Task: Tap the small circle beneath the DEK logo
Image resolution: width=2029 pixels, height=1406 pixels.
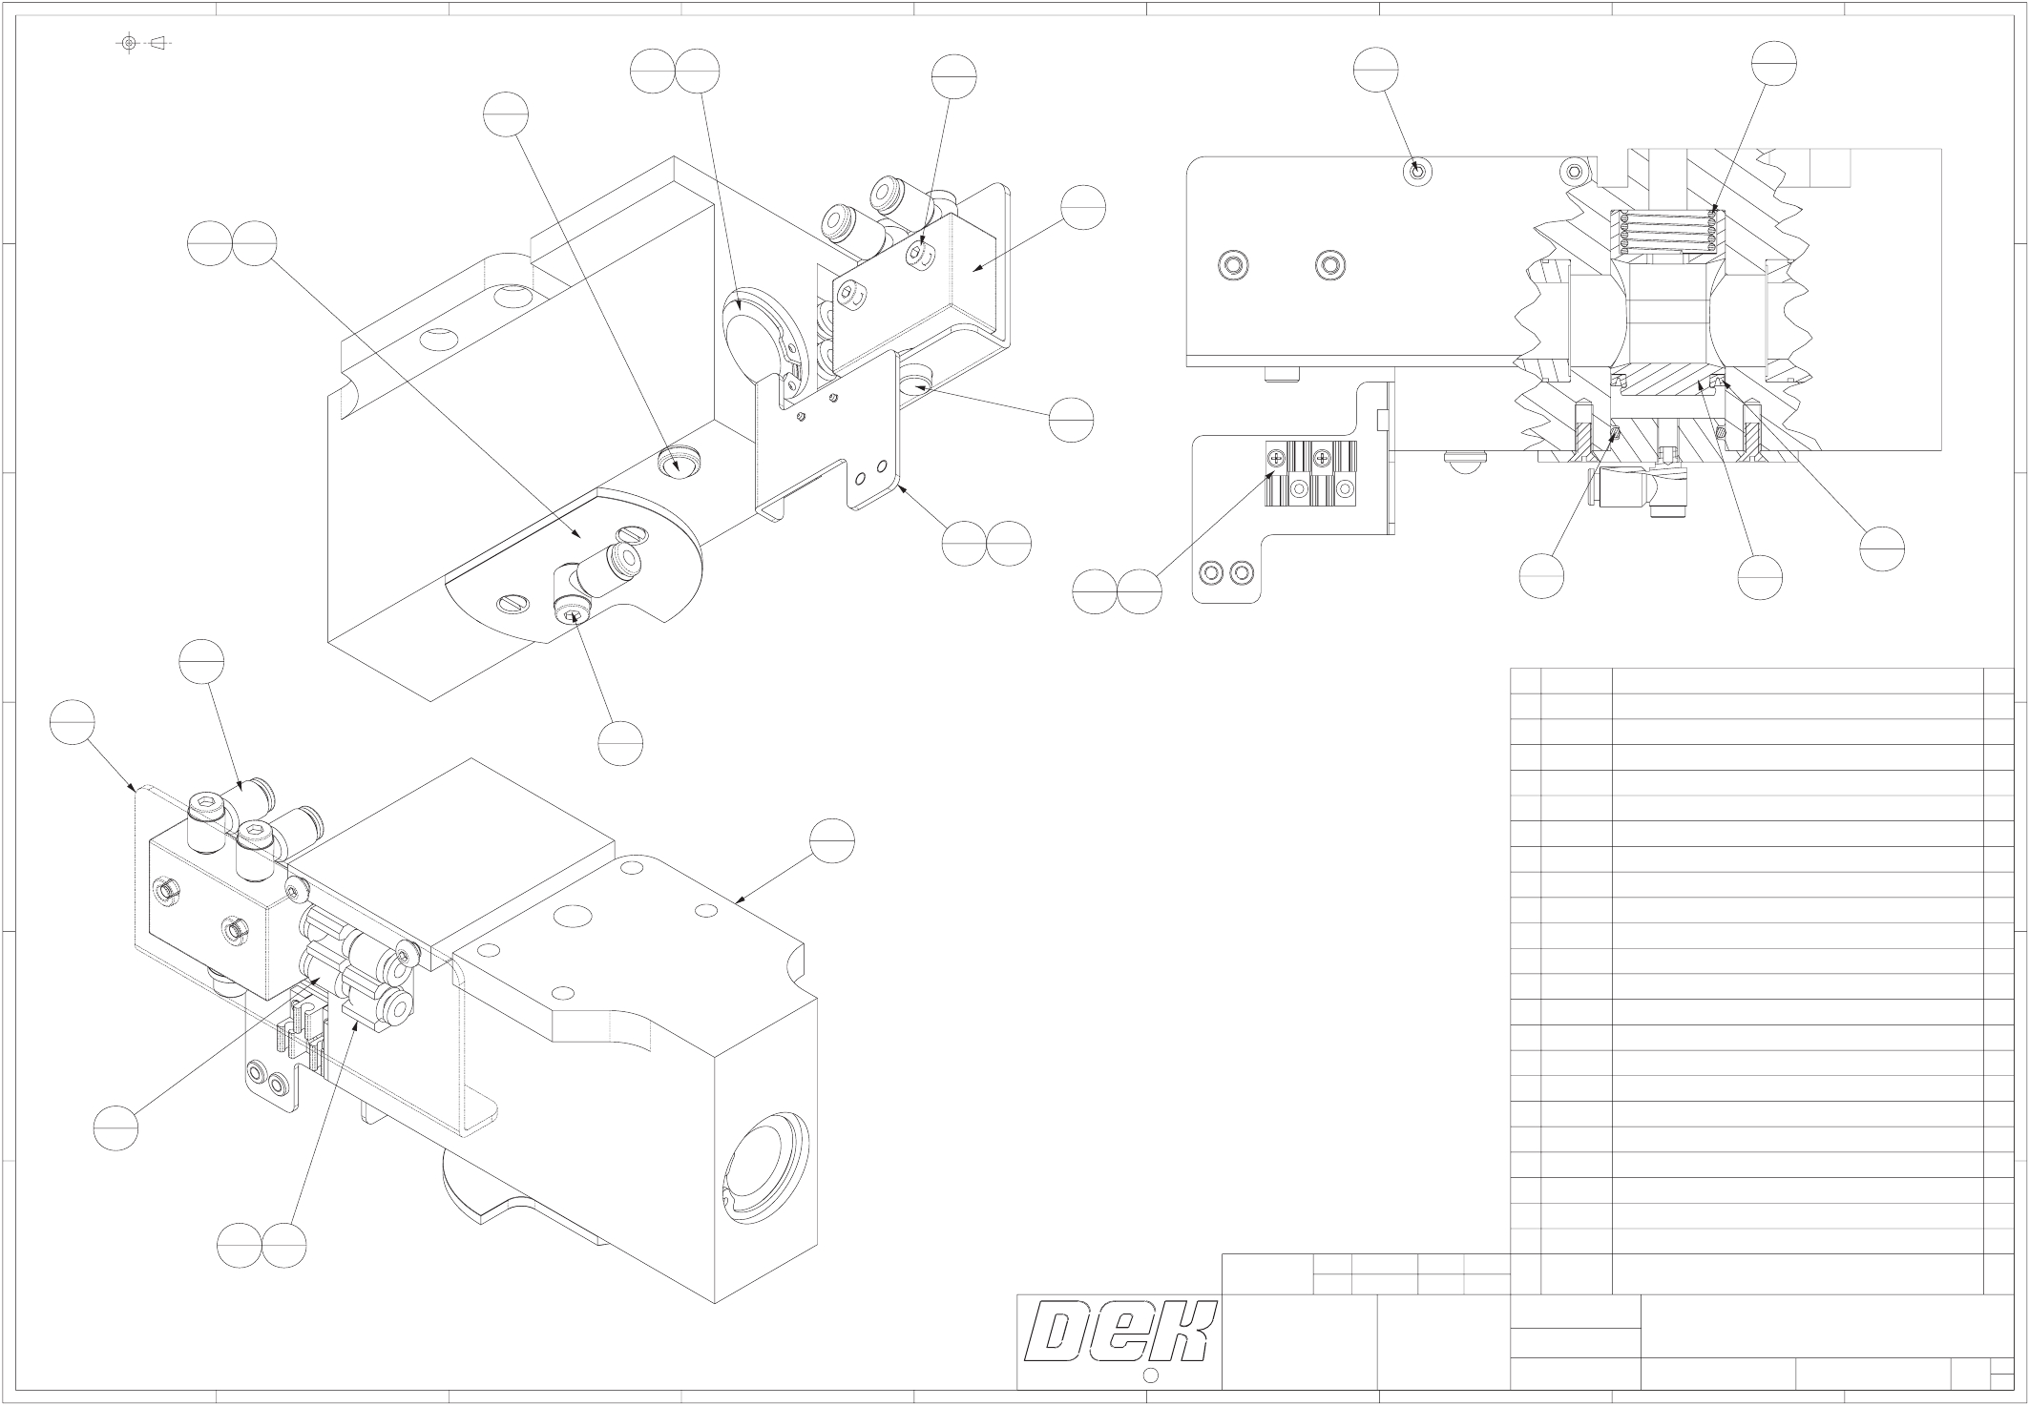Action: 1150,1375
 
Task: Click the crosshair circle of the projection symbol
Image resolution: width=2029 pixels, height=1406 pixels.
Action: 129,43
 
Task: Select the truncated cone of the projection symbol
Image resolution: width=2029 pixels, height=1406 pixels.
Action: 159,43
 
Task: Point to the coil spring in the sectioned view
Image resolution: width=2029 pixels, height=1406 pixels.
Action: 1665,232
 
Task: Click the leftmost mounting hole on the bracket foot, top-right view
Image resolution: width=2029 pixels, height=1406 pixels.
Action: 1212,572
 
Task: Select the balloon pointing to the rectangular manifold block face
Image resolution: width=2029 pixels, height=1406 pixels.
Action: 1083,207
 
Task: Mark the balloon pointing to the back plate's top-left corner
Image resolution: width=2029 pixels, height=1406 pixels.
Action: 73,722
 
